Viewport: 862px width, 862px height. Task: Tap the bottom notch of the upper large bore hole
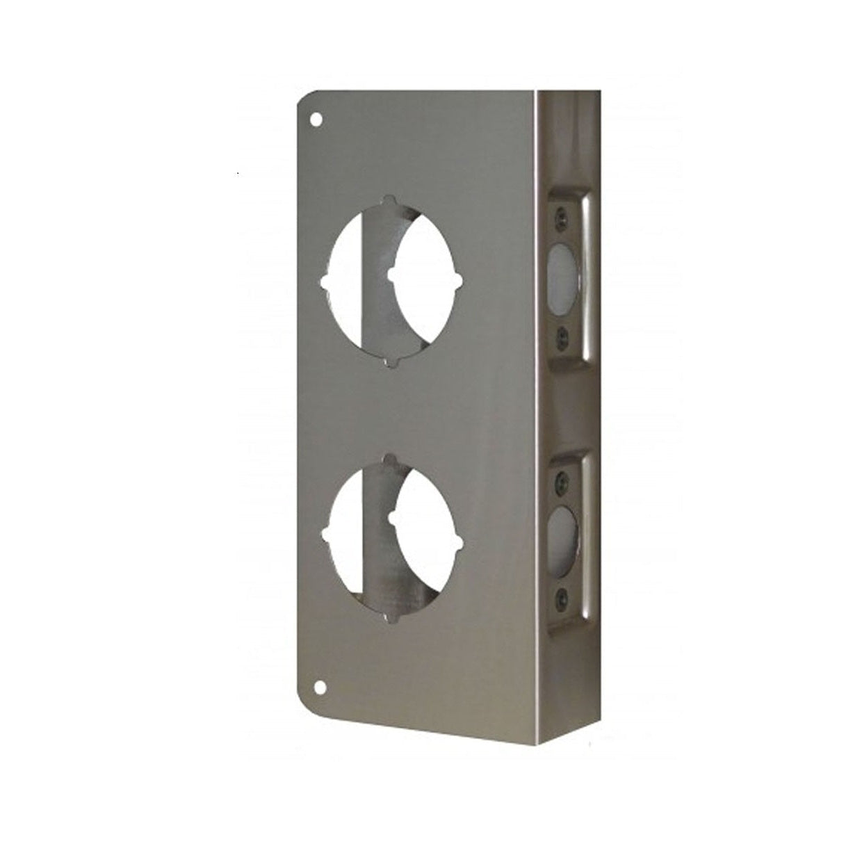point(393,362)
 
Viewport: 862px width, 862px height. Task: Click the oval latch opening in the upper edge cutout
point(564,277)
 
